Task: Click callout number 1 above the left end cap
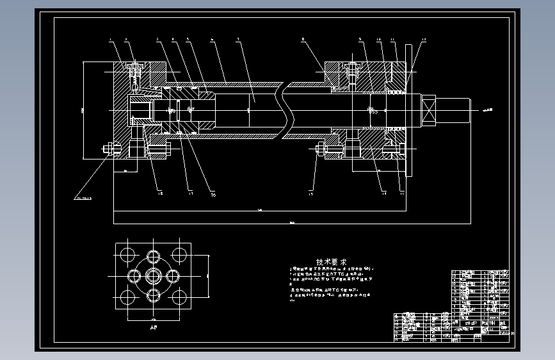tap(110, 41)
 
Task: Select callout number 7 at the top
tap(237, 40)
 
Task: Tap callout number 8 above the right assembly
tap(302, 40)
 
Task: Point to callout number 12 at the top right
tap(423, 41)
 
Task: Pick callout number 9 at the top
tap(360, 41)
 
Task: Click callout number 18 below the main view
tap(160, 192)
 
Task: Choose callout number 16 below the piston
tap(213, 193)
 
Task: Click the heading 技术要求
tap(331, 262)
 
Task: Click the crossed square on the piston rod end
tap(428, 110)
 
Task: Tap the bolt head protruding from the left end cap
tap(107, 150)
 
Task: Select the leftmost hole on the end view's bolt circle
tap(134, 277)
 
